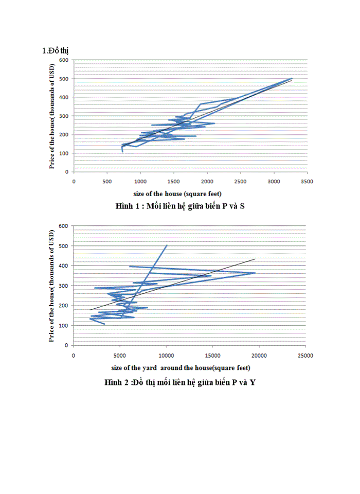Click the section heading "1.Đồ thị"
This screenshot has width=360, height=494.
[x=55, y=50]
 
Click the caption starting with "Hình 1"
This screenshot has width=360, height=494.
[x=179, y=206]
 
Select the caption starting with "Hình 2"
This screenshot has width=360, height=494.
[x=179, y=382]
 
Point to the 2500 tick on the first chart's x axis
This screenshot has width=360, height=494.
[x=240, y=182]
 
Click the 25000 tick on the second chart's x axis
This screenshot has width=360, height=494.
[x=305, y=355]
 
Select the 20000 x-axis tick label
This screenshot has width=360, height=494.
[x=259, y=355]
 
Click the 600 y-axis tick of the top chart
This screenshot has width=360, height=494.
[x=64, y=60]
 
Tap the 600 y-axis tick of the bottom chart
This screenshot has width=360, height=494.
[x=64, y=226]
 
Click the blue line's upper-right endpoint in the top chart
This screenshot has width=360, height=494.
[x=292, y=78]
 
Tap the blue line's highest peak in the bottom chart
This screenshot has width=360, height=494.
[x=167, y=245]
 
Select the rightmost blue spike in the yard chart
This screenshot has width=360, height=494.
[x=255, y=273]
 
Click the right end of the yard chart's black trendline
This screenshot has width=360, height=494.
[x=255, y=259]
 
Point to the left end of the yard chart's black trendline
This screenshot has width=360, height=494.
[x=90, y=310]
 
